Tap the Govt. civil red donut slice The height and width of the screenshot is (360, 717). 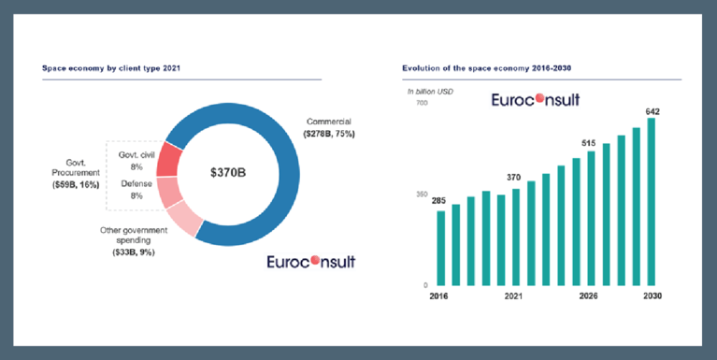coord(168,159)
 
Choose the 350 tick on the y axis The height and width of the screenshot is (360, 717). coord(422,194)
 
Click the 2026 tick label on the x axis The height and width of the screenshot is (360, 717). coord(588,295)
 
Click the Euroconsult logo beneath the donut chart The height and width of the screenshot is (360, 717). coord(310,261)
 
